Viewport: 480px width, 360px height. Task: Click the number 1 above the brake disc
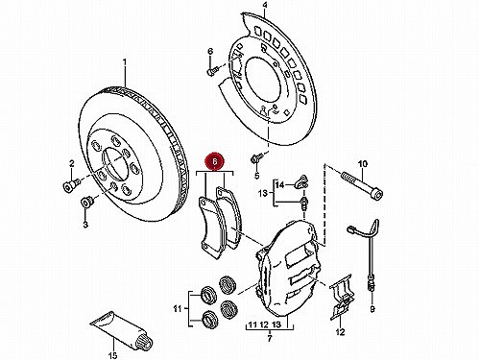(x=125, y=61)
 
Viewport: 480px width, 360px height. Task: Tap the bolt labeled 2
(x=71, y=184)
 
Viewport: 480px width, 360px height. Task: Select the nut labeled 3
(x=86, y=203)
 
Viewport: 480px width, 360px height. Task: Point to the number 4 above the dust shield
(x=265, y=6)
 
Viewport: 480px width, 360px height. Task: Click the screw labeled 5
(x=256, y=157)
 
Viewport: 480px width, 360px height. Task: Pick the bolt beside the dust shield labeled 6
(x=212, y=71)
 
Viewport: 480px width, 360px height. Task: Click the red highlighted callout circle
(x=215, y=161)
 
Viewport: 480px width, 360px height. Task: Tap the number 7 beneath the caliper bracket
(x=270, y=338)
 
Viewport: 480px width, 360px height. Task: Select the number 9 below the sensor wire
(x=372, y=309)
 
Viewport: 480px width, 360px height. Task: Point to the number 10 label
(x=363, y=164)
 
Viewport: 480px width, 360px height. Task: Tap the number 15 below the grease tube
(x=113, y=355)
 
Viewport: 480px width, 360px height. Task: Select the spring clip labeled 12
(x=342, y=296)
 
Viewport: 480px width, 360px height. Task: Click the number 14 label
(x=280, y=184)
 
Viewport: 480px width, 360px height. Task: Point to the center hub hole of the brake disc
(x=114, y=165)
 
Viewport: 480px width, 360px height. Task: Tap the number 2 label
(x=72, y=164)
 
